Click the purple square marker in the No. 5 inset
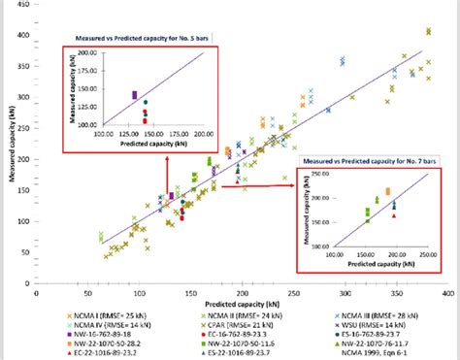(x=135, y=94)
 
